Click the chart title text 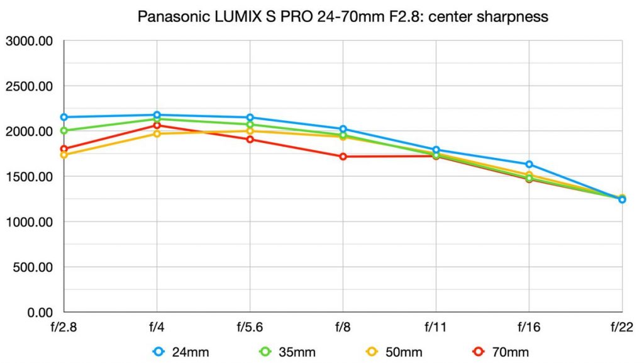[x=343, y=17]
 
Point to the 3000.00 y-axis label [x=29, y=42]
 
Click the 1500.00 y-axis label [x=29, y=177]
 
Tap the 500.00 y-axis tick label [x=31, y=267]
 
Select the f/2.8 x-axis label [x=64, y=327]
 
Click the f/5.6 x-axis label [x=250, y=327]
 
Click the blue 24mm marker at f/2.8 [x=64, y=117]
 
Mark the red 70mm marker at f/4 [x=157, y=126]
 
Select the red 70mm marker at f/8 [x=343, y=157]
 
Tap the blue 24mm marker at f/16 [x=529, y=164]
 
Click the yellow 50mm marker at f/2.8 [x=64, y=155]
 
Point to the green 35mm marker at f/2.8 [x=64, y=131]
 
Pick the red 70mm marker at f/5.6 [x=250, y=139]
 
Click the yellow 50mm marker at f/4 [x=157, y=134]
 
